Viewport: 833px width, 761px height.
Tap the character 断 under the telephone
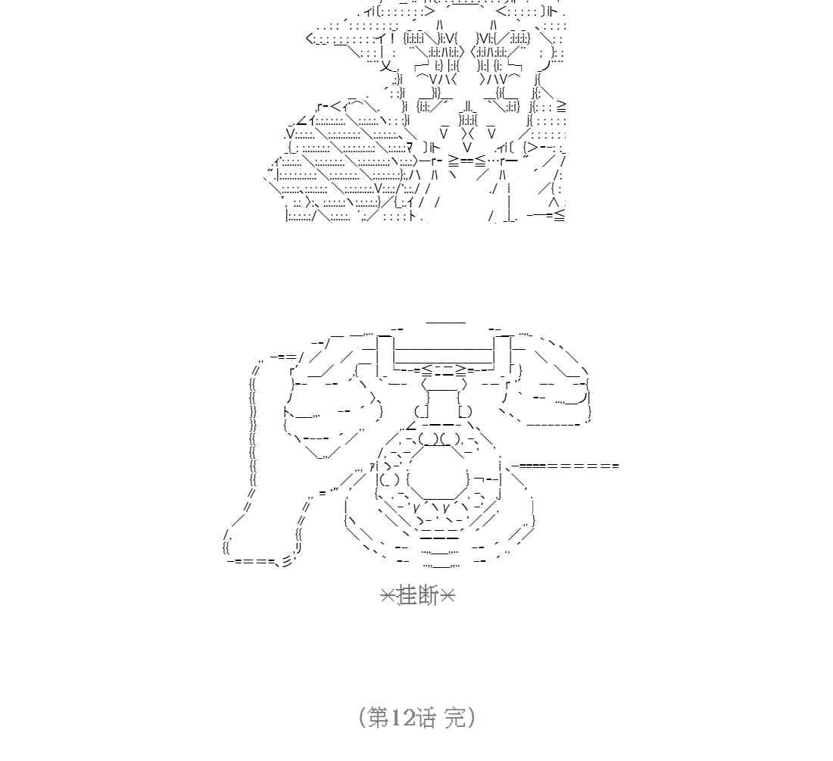(x=428, y=597)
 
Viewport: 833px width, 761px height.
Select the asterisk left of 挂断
(x=388, y=597)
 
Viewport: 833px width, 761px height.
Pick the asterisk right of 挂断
(x=447, y=597)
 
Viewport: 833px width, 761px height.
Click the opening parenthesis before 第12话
(x=362, y=717)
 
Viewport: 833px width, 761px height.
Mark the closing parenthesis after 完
(x=472, y=717)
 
